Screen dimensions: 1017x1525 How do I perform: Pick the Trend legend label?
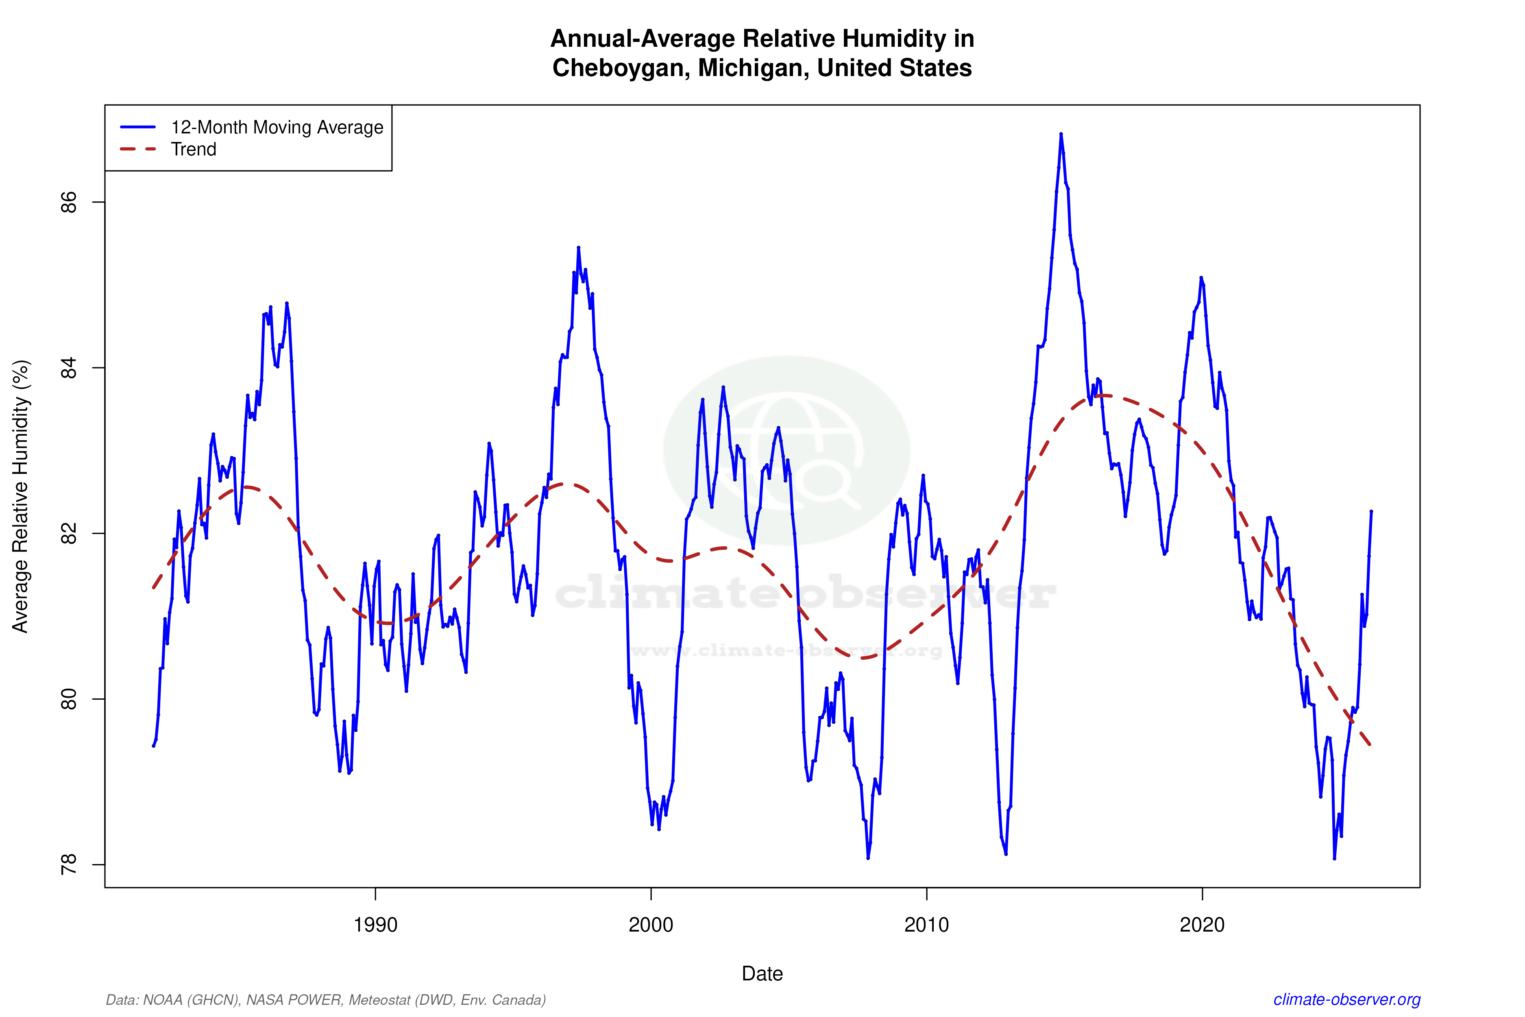pos(193,149)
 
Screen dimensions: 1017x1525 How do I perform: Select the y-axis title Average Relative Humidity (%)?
pos(21,496)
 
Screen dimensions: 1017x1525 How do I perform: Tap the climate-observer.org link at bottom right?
pos(1347,1000)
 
